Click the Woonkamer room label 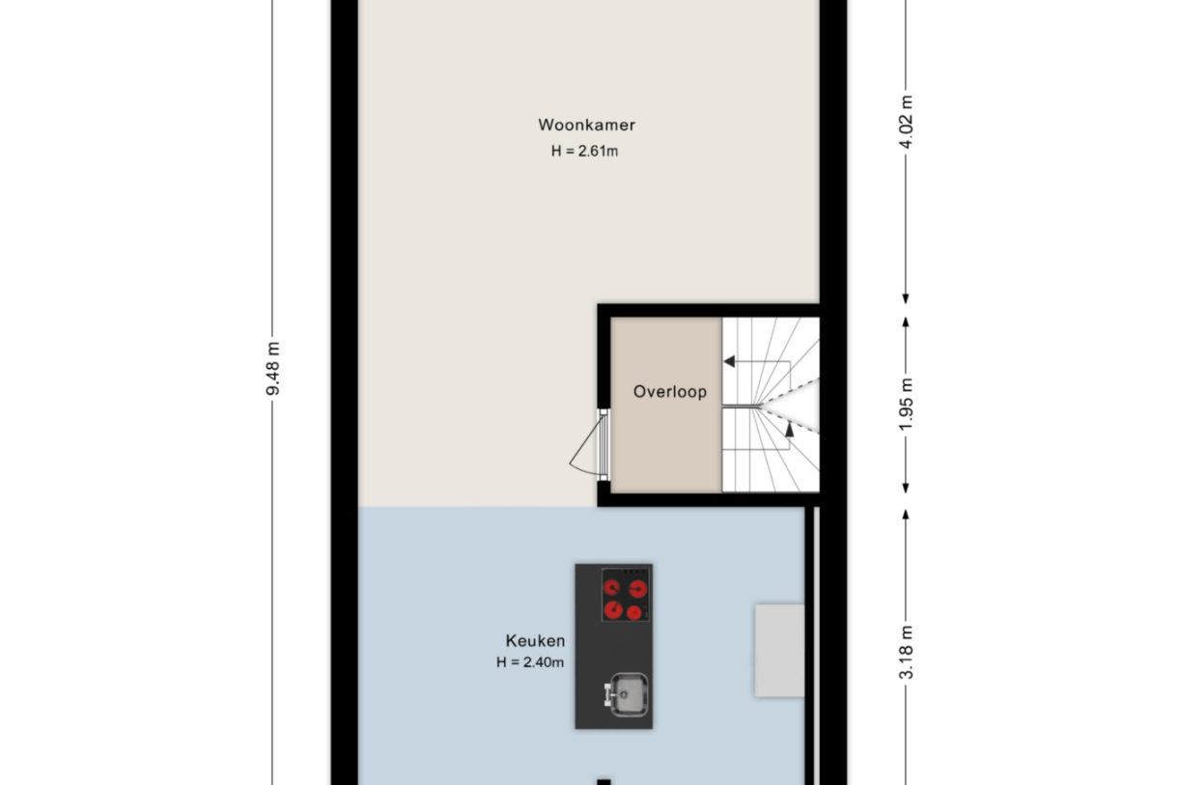[586, 125]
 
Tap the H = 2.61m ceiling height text [584, 151]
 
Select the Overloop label [669, 392]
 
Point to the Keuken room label [535, 640]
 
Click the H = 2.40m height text [529, 662]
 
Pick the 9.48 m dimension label [274, 369]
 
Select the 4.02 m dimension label [906, 120]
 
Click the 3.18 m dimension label [906, 653]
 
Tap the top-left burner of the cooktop [613, 586]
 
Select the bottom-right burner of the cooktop [634, 612]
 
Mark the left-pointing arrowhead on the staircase [730, 362]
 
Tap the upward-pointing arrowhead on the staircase [789, 430]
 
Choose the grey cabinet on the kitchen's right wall [778, 650]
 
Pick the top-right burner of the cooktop [636, 586]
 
